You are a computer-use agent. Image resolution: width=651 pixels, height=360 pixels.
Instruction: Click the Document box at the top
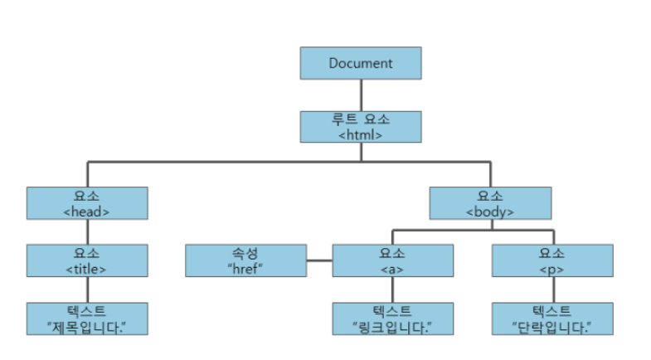(361, 63)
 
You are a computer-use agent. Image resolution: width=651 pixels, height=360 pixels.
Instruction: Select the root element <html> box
(361, 126)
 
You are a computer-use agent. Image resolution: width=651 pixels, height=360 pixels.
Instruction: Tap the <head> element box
(87, 203)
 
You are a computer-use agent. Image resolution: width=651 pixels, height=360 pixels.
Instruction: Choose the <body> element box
(490, 203)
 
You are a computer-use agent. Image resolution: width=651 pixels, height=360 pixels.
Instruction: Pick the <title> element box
(87, 260)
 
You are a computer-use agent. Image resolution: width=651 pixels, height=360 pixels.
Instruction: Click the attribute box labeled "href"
(246, 260)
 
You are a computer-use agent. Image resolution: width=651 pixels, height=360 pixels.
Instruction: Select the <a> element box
(393, 260)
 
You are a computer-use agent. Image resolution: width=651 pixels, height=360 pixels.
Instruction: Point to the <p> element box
(552, 260)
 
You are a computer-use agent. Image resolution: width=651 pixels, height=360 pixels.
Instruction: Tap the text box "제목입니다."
(87, 319)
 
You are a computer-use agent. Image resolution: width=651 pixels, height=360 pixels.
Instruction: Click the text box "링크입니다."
(393, 319)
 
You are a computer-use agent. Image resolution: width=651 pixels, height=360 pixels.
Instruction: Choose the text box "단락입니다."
(552, 319)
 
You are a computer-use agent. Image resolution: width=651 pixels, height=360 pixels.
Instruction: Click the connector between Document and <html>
(361, 95)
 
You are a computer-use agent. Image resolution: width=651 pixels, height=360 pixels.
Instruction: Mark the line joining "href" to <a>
(319, 262)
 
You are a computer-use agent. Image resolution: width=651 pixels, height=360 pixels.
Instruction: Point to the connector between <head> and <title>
(87, 231)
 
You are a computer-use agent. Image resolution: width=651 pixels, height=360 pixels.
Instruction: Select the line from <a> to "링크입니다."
(393, 289)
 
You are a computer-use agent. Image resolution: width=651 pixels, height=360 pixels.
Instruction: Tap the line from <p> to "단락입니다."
(552, 289)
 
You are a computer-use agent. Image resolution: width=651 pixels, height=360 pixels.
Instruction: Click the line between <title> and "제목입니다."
(87, 289)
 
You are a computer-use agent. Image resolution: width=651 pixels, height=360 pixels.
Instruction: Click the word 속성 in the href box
(246, 253)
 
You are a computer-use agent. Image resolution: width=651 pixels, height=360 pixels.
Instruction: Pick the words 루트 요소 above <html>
(361, 119)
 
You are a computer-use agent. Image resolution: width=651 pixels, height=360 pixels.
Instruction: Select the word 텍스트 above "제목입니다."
(87, 311)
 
